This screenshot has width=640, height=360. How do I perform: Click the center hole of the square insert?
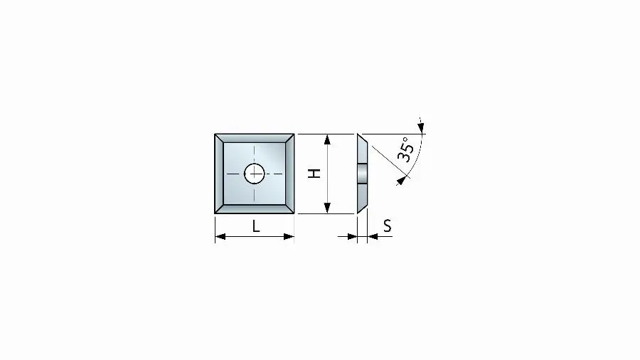(x=255, y=173)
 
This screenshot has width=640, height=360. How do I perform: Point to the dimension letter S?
(x=388, y=226)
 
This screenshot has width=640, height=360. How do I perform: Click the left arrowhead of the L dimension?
(x=220, y=236)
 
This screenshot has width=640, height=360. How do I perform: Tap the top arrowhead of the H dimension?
(x=327, y=139)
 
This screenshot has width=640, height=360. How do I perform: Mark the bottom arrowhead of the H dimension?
(x=327, y=208)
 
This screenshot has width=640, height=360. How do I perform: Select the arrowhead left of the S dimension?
(x=351, y=236)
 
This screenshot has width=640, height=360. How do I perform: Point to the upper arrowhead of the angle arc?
(x=422, y=128)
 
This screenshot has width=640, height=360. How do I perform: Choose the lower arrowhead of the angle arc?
(x=402, y=180)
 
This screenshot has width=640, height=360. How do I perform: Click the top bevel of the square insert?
(x=255, y=137)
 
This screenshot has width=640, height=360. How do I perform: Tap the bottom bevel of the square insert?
(x=255, y=209)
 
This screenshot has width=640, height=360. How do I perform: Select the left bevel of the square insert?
(x=218, y=173)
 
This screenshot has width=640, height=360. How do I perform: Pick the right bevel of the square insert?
(x=290, y=173)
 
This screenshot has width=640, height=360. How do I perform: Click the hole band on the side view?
(x=363, y=173)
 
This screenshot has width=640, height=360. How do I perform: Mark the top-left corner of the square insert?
(x=215, y=134)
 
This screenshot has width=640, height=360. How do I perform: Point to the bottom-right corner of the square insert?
(x=294, y=213)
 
